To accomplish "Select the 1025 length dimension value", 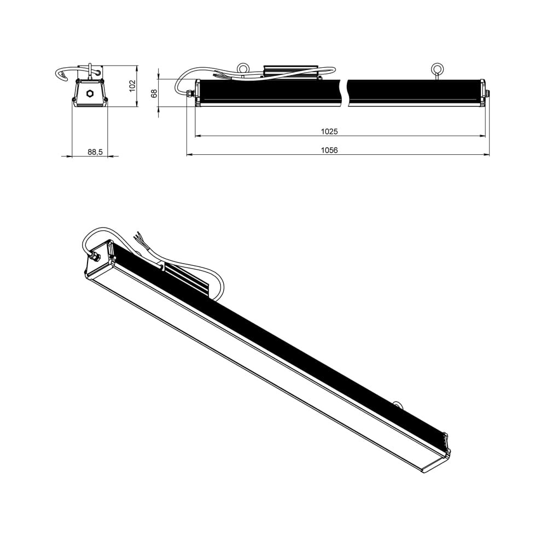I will tap(329, 131).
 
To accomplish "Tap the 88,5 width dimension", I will tap(95, 152).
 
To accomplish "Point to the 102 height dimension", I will tap(132, 85).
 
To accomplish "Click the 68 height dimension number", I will tap(154, 93).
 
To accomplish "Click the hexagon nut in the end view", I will tap(90, 92).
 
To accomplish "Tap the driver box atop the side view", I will tap(291, 72).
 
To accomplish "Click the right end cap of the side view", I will tap(484, 91).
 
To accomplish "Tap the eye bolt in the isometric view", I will tap(398, 405).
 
